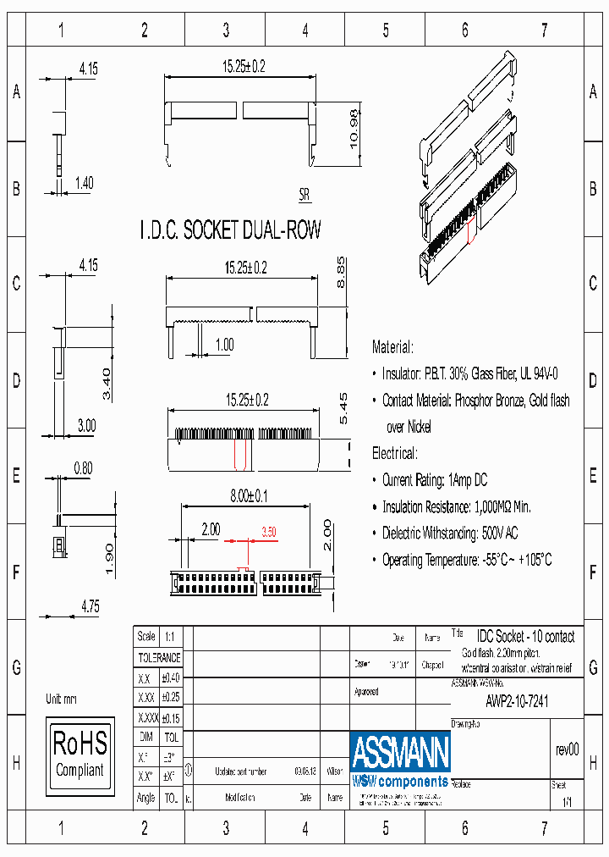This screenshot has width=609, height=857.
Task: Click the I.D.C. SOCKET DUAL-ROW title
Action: (x=230, y=229)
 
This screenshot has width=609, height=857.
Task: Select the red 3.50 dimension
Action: (x=269, y=531)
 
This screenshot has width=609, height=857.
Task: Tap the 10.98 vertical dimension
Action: (x=355, y=130)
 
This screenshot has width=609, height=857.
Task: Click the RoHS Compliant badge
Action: (x=80, y=755)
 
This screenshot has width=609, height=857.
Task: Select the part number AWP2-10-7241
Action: (x=517, y=701)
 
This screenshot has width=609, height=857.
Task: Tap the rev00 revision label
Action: (x=567, y=749)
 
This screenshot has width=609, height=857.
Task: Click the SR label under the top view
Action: (x=304, y=195)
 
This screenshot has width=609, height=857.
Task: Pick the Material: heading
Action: (x=393, y=347)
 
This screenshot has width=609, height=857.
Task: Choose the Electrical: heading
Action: (x=394, y=453)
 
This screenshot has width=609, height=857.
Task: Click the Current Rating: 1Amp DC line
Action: (x=435, y=480)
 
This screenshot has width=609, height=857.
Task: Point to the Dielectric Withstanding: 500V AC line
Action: (x=450, y=533)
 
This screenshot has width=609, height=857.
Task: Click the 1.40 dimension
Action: (x=85, y=182)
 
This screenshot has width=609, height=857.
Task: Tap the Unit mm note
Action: (x=61, y=699)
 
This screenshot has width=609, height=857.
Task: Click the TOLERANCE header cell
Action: (x=159, y=657)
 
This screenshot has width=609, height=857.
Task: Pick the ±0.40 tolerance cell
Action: (x=170, y=677)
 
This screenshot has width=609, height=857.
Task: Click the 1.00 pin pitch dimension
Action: (x=224, y=344)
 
